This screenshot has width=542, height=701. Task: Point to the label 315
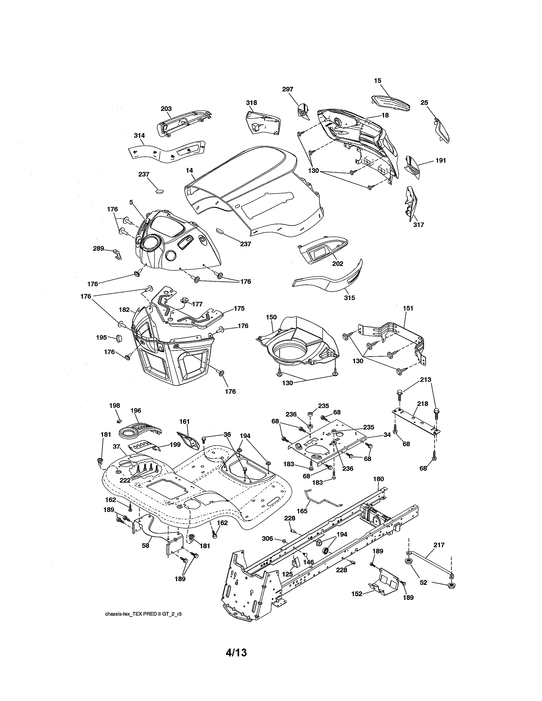[349, 298]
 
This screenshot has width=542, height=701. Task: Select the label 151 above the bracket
[408, 308]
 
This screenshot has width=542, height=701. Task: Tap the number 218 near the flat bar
[423, 404]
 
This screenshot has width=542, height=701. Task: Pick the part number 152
[357, 594]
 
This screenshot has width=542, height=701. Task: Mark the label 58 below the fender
[145, 545]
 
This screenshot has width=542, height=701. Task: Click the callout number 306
[267, 538]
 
